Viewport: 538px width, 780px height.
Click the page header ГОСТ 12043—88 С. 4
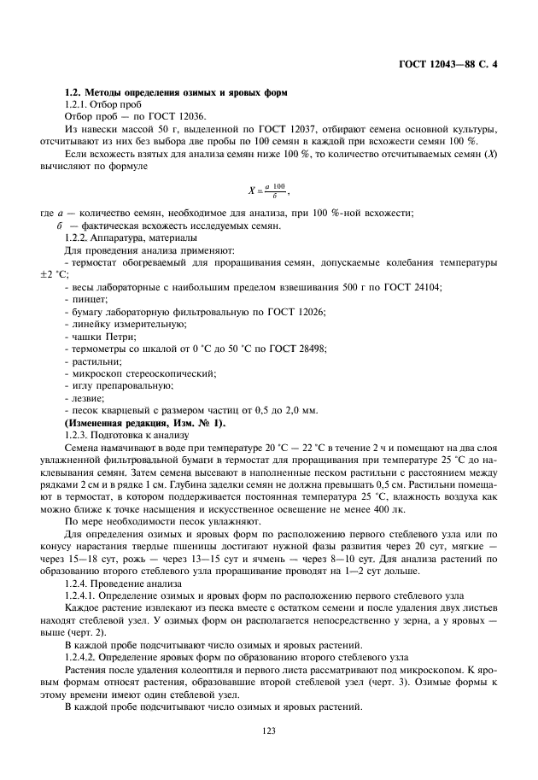pyautogui.click(x=448, y=64)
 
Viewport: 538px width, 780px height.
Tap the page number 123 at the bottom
pyautogui.click(x=269, y=730)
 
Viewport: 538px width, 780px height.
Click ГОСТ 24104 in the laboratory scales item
pyautogui.click(x=416, y=289)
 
